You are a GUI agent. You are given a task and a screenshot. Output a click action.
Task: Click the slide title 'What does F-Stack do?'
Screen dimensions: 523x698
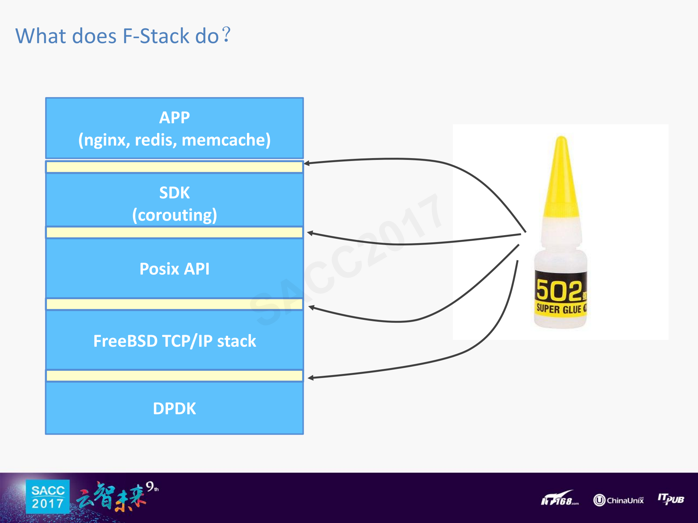pos(123,36)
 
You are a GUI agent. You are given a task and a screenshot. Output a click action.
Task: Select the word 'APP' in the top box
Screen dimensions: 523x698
pos(175,118)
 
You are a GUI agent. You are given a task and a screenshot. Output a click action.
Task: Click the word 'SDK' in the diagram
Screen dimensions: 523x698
pos(175,193)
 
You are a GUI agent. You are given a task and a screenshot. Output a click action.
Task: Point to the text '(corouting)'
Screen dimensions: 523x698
pos(175,215)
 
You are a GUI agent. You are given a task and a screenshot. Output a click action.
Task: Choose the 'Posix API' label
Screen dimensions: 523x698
pos(175,269)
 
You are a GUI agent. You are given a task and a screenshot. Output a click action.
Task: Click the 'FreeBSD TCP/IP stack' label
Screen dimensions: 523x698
pos(175,341)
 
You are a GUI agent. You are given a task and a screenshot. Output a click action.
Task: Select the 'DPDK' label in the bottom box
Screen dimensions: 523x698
pos(175,409)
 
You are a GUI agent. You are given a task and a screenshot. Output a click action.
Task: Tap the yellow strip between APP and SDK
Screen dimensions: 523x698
pos(175,167)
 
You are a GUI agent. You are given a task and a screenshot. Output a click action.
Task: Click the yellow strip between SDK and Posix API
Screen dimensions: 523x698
pos(175,233)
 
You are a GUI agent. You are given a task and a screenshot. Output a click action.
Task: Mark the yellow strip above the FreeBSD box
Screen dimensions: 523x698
pos(175,304)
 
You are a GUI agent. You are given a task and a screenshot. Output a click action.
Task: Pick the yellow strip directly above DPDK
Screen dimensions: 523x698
pos(175,376)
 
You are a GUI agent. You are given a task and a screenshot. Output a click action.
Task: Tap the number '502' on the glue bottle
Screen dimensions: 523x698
pos(559,291)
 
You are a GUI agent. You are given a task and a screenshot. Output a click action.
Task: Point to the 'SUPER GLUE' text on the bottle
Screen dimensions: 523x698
pos(559,309)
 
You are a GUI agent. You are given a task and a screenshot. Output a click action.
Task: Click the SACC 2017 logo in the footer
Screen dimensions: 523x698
pos(48,497)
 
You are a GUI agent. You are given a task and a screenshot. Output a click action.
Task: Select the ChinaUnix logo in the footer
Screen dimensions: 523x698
pos(618,500)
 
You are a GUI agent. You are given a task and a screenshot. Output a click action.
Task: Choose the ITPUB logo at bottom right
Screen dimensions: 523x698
pos(671,499)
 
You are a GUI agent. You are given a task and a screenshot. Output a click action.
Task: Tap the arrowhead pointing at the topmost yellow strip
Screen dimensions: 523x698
pos(307,164)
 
